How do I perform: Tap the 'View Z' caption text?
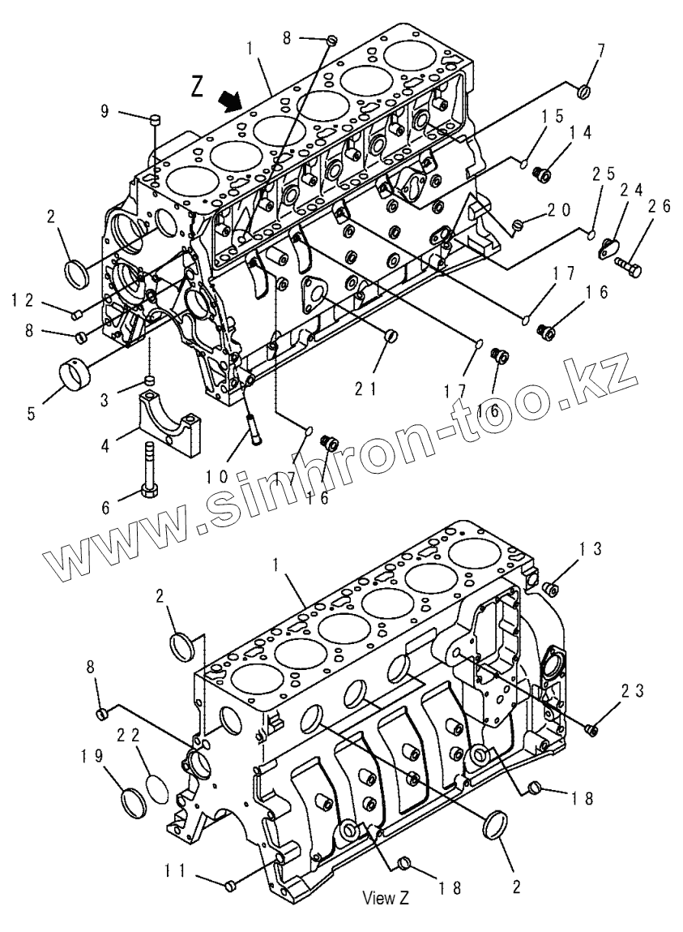(386, 898)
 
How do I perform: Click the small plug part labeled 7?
(585, 92)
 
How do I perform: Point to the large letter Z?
(198, 85)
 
